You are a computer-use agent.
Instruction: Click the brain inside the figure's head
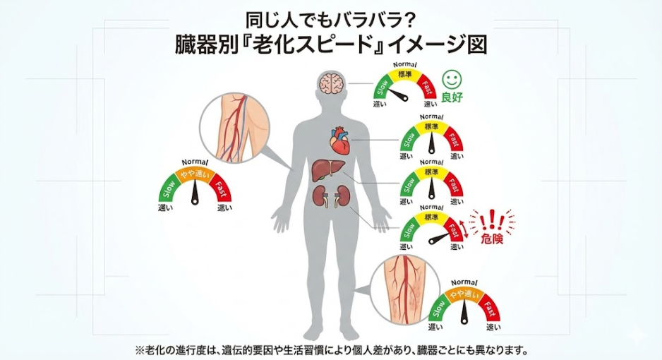(331, 85)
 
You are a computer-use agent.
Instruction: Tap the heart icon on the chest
(340, 140)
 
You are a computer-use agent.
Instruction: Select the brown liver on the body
(330, 170)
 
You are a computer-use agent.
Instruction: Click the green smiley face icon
(451, 79)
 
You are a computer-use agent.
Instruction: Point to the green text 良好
(452, 97)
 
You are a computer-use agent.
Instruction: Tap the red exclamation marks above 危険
(491, 220)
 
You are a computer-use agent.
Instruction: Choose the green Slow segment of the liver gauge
(409, 184)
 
